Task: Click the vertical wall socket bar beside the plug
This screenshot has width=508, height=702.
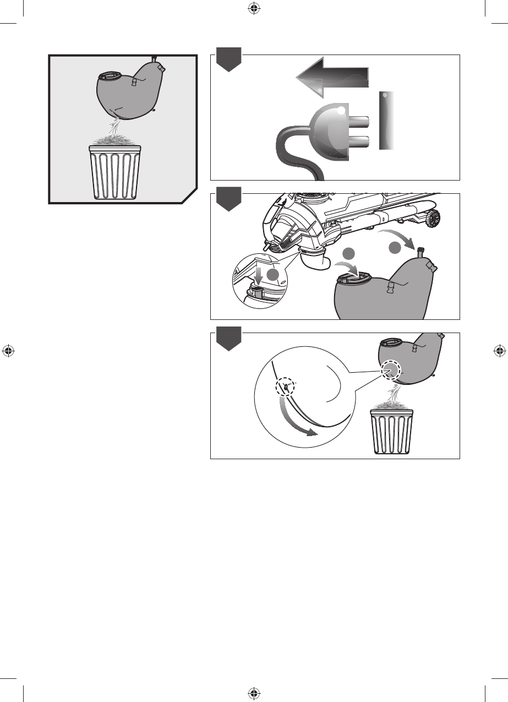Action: tap(387, 121)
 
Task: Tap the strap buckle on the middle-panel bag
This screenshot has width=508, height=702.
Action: tap(392, 289)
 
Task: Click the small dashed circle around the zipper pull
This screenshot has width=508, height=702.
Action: tap(286, 387)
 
